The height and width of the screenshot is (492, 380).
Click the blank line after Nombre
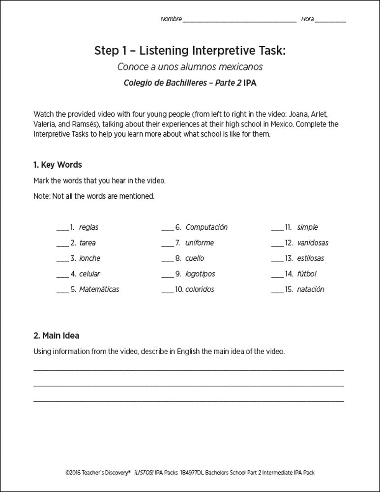pos(239,21)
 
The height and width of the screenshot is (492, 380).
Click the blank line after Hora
pos(330,21)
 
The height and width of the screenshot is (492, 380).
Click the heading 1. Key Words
pos(58,164)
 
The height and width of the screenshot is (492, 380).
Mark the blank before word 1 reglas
pos(62,228)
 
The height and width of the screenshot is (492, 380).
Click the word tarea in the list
pos(88,243)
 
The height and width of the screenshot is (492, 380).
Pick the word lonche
pos(89,258)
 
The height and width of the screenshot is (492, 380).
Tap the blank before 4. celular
pos(62,274)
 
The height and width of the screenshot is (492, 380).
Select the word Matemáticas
pos(99,289)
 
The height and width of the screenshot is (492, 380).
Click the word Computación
pos(206,227)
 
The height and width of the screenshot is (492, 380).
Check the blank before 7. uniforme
pos(167,243)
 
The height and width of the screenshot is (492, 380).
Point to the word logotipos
pos(200,274)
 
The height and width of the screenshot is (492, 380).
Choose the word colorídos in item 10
pos(200,289)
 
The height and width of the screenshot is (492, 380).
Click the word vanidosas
pos(313,243)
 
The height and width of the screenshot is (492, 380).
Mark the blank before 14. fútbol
pos(277,274)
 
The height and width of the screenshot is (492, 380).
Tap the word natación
pos(311,289)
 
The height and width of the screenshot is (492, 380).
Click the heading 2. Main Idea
pos(56,336)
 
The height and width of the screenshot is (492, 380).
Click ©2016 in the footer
pos(73,473)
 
